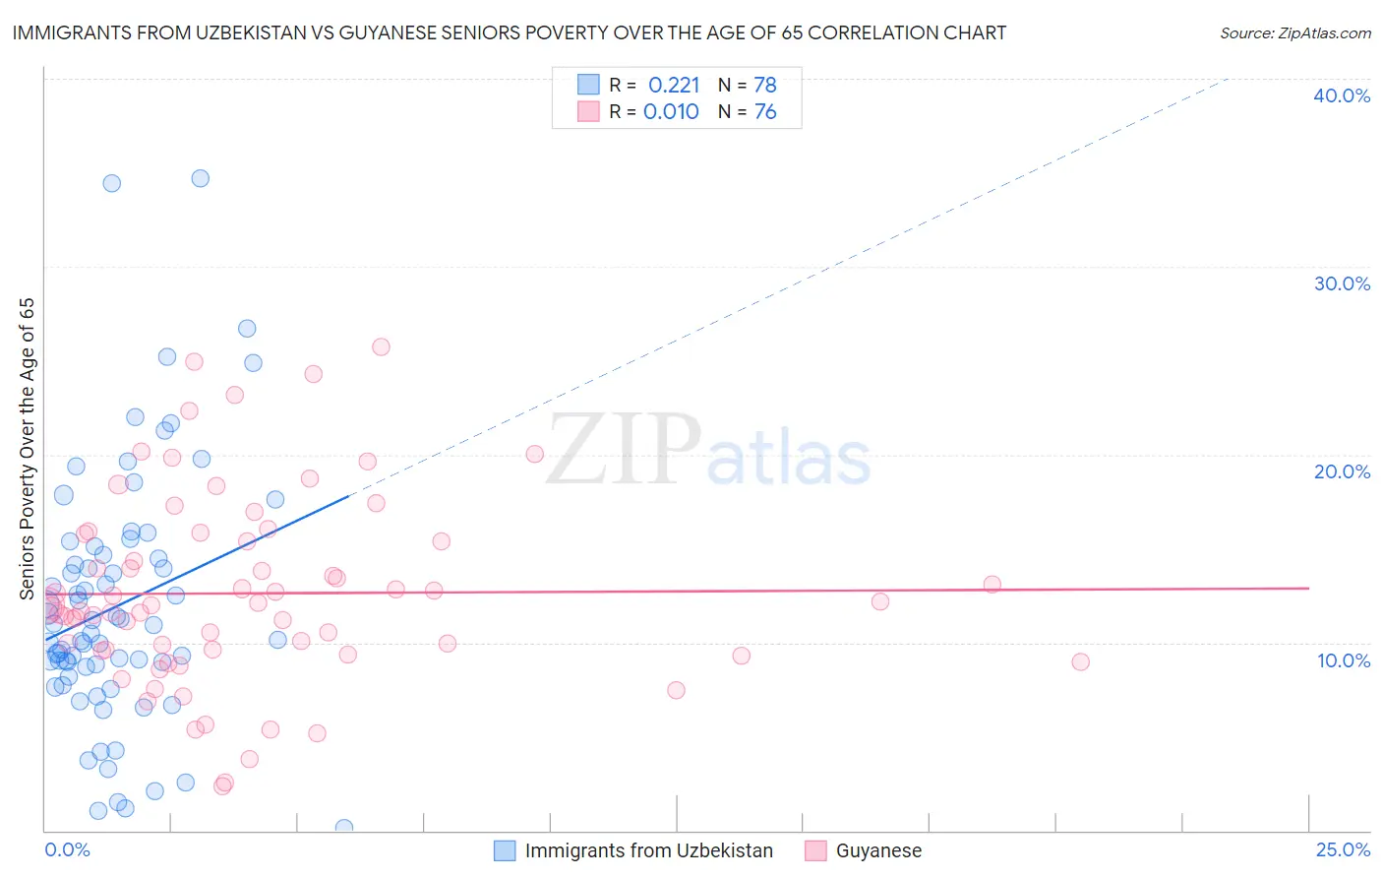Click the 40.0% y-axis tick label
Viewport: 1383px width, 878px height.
[1341, 95]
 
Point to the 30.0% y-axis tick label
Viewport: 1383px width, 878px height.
[1341, 283]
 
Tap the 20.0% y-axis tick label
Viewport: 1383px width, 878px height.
[1341, 471]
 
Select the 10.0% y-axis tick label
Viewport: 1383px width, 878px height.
[1343, 660]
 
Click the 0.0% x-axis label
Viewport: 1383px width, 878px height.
[67, 849]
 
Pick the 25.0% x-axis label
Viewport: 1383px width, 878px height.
[1343, 849]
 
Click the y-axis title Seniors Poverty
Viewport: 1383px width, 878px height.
[27, 448]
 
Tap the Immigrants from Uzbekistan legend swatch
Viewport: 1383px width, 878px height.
[505, 850]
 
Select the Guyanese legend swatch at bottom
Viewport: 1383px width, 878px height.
[815, 850]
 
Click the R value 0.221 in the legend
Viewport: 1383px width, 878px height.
[674, 86]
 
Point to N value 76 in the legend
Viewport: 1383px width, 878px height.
[764, 112]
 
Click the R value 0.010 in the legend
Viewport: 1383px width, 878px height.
[671, 112]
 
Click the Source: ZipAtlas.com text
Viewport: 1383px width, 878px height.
[1294, 33]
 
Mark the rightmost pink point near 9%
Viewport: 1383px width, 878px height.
[1080, 661]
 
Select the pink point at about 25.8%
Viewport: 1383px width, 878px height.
[381, 346]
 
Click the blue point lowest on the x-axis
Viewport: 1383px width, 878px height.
[343, 828]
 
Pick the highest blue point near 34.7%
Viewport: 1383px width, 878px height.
[200, 178]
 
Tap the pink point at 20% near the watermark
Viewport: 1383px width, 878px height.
[534, 454]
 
